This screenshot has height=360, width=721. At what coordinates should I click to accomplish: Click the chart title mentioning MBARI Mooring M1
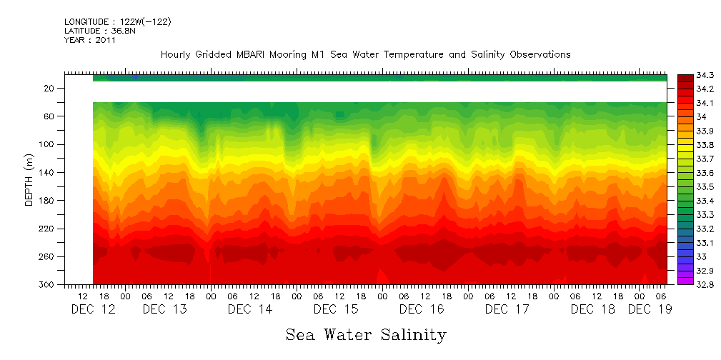click(x=365, y=54)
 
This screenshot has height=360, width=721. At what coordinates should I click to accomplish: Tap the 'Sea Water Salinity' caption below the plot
click(x=366, y=334)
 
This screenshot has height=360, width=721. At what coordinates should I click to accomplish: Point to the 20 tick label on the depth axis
click(x=49, y=89)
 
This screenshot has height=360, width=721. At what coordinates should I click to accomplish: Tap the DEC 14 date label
click(x=249, y=309)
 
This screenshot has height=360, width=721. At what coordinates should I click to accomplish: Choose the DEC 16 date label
click(x=421, y=309)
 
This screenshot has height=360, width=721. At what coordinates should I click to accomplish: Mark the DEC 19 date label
click(x=650, y=309)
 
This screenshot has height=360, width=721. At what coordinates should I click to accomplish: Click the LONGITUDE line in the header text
click(x=117, y=22)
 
